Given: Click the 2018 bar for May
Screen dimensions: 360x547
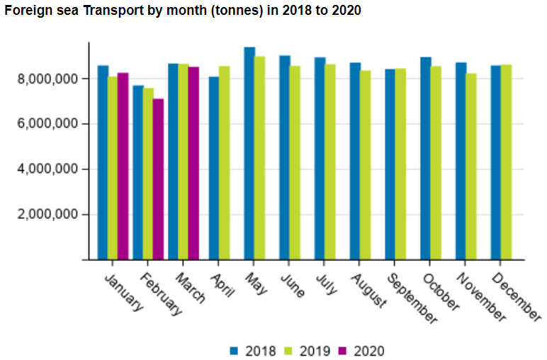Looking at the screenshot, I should [x=249, y=153].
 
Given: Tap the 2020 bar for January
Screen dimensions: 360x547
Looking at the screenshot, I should [x=123, y=166].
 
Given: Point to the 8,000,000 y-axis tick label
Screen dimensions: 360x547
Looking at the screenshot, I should [x=48, y=79].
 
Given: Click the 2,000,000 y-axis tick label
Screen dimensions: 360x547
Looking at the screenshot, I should [x=48, y=215].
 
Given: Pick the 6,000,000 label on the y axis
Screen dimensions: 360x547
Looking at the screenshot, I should [x=48, y=124].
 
